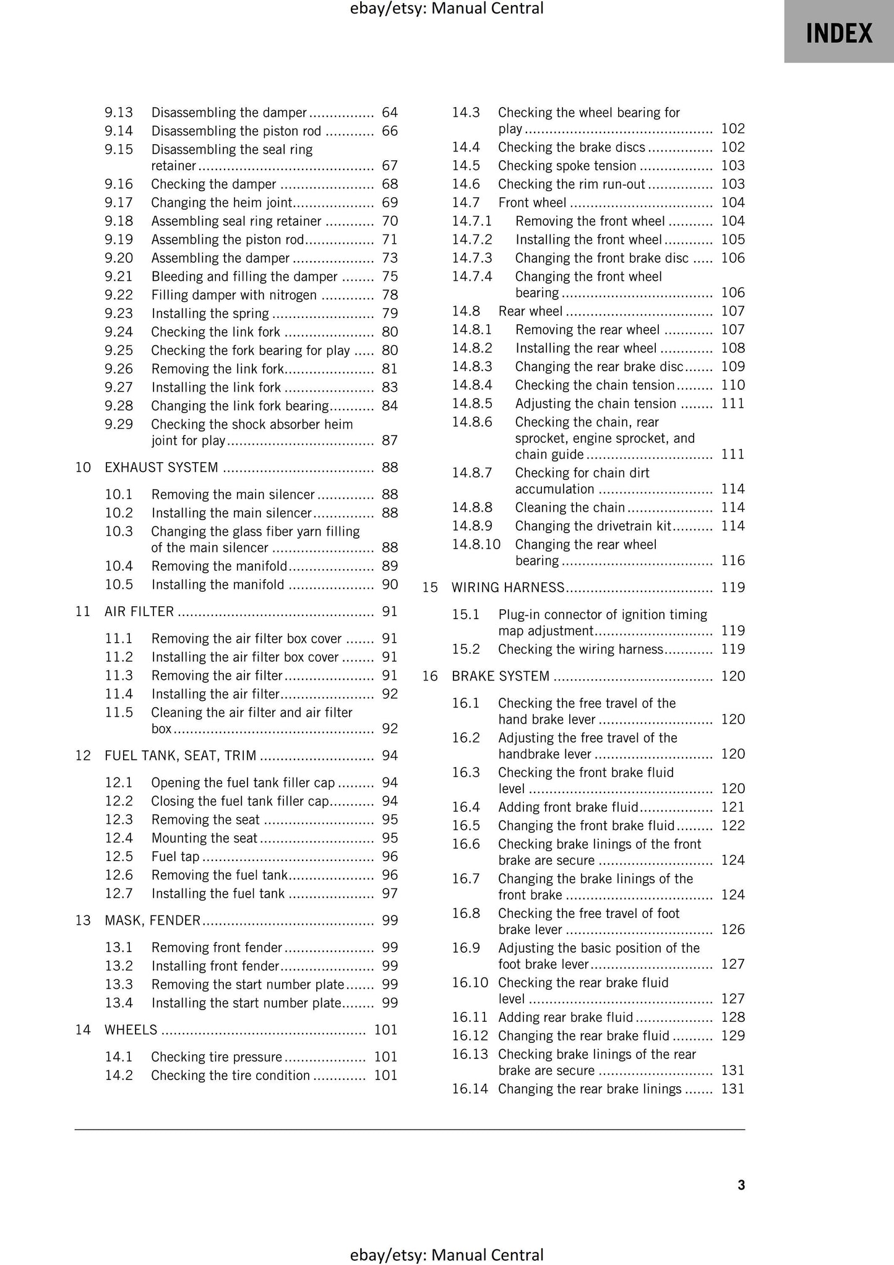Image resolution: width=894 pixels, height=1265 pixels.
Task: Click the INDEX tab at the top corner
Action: [x=838, y=32]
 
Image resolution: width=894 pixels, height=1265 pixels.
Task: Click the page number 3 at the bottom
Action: [x=741, y=1185]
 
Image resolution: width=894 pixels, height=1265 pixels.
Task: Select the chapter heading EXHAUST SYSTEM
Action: [x=161, y=467]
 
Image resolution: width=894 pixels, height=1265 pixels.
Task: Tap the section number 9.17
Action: [x=118, y=202]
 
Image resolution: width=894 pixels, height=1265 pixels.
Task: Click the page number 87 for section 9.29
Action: [x=390, y=440]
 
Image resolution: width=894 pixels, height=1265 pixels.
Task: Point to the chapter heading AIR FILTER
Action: [x=139, y=611]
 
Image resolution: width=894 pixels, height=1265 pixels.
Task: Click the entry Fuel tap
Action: [x=175, y=856]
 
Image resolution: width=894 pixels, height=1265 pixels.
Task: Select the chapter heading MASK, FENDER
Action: [x=152, y=920]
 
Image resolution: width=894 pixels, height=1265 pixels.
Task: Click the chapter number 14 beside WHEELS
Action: [x=83, y=1029]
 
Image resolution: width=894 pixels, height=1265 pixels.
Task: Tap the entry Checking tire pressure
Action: [x=217, y=1057]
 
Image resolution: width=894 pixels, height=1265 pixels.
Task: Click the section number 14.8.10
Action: [x=476, y=544]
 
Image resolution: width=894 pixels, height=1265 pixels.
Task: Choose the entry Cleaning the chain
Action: [x=570, y=507]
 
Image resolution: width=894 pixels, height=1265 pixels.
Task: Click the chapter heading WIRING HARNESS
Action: [x=508, y=587]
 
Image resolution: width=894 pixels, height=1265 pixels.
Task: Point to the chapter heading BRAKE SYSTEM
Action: [x=501, y=675]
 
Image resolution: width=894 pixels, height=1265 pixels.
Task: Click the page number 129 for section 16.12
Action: [x=733, y=1036]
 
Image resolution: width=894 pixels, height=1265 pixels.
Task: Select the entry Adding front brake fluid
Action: [x=568, y=807]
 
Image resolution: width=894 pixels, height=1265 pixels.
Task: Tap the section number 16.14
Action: [x=470, y=1089]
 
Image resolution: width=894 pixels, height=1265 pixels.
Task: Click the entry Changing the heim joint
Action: [x=221, y=202]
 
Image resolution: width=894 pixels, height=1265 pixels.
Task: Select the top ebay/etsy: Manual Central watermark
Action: [x=447, y=9]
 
